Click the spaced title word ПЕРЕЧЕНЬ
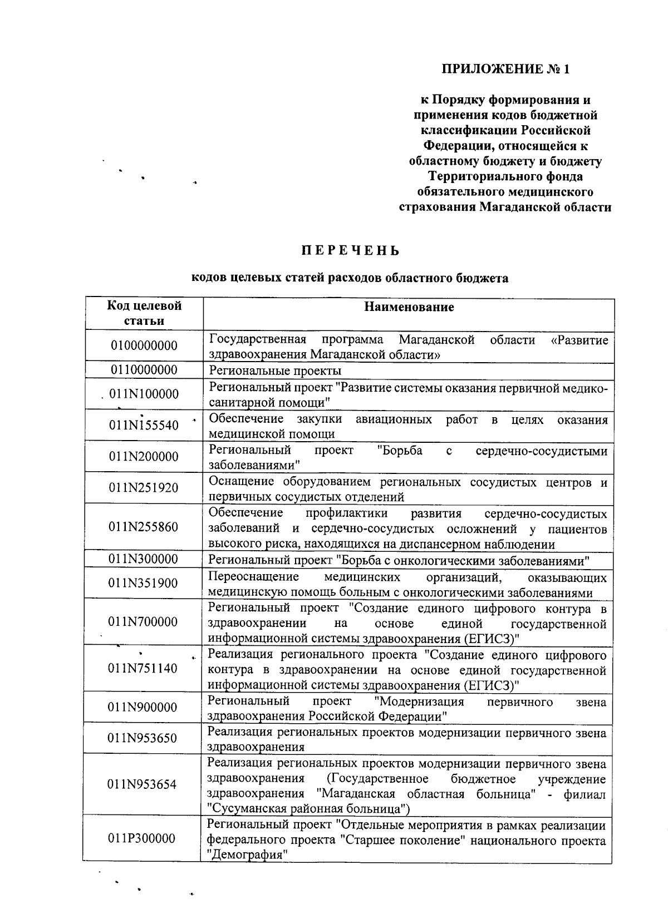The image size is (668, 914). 351,251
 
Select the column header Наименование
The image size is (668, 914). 409,307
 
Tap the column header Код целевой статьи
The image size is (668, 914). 144,313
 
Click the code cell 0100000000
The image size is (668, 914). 144,345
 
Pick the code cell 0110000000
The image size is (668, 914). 144,370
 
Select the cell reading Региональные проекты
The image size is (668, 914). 275,370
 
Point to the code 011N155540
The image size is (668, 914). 144,426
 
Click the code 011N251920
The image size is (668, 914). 144,488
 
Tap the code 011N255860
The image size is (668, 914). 144,527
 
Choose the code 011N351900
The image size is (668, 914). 144,583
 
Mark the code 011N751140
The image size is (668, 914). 144,668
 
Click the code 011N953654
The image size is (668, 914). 143,784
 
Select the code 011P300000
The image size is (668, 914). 142,838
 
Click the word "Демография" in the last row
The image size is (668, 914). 247,854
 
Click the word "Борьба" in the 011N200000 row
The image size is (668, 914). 399,450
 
